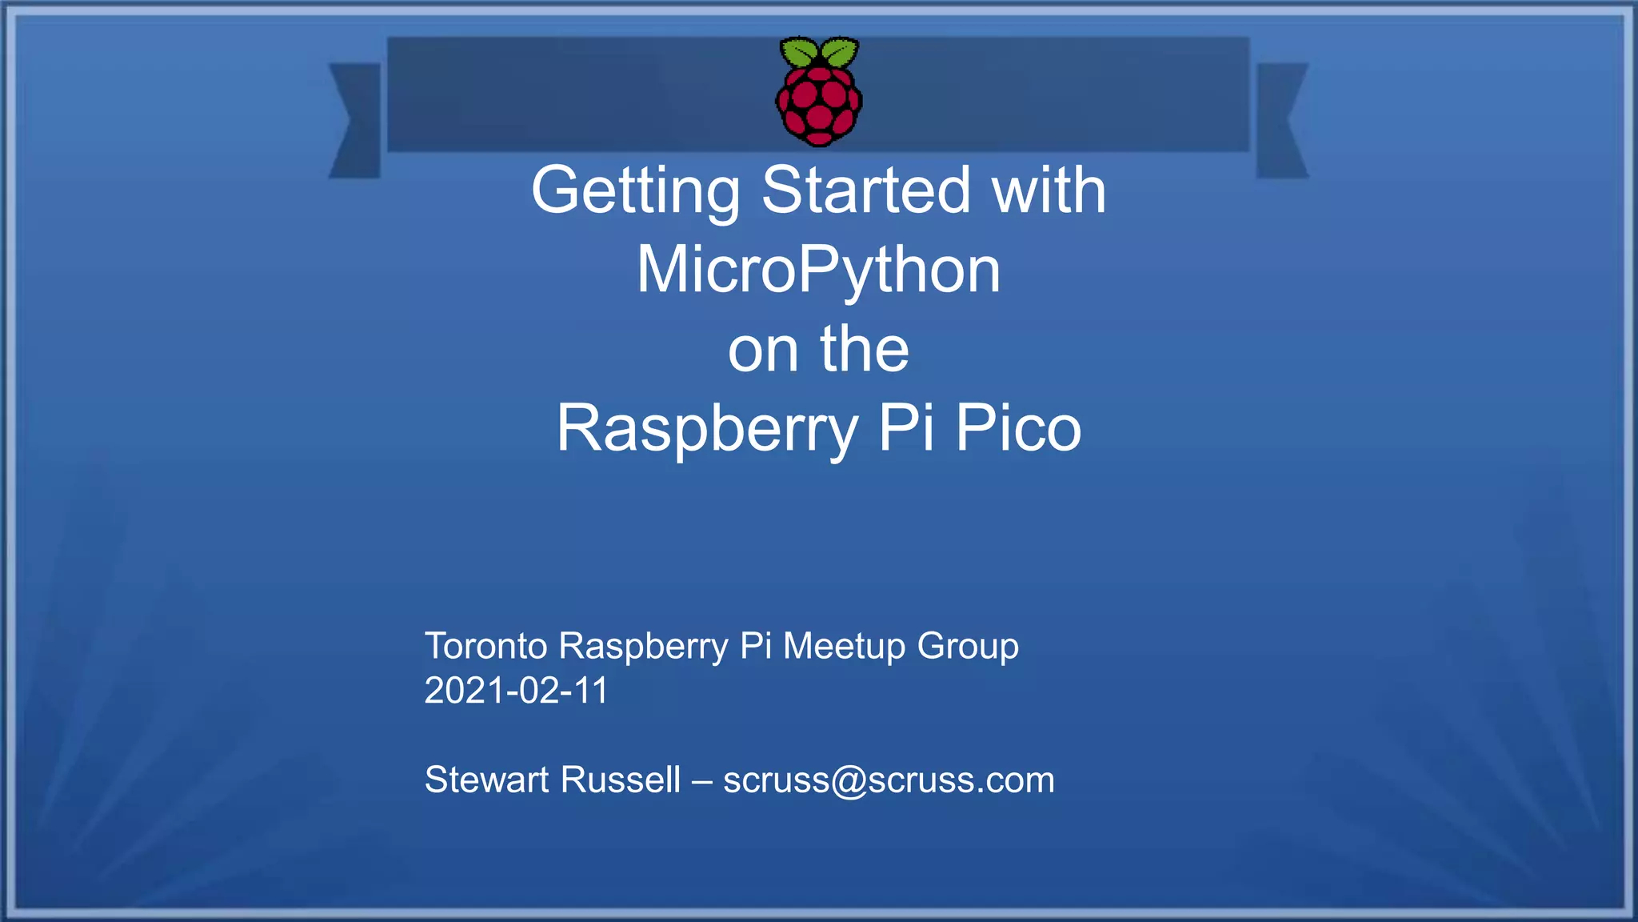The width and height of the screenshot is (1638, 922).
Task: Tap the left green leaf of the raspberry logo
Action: pyautogui.click(x=799, y=52)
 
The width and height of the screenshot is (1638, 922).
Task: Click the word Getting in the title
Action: pyautogui.click(x=636, y=192)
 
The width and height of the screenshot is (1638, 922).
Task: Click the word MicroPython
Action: pyautogui.click(x=818, y=271)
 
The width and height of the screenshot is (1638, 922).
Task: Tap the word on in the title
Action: pyautogui.click(x=763, y=351)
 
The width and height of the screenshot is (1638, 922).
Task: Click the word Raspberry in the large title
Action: pyautogui.click(x=707, y=429)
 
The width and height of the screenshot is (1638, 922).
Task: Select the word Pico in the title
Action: pyautogui.click(x=1018, y=427)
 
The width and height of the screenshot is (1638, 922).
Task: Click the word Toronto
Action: pyautogui.click(x=485, y=646)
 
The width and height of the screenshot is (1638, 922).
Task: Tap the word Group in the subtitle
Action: pyautogui.click(x=968, y=647)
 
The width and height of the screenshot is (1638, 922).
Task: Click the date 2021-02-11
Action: pyautogui.click(x=516, y=691)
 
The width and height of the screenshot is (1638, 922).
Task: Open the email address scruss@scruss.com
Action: pyautogui.click(x=889, y=780)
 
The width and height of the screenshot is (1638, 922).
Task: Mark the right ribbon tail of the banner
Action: pyautogui.click(x=1281, y=120)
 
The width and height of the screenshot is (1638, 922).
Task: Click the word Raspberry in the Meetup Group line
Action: pyautogui.click(x=643, y=647)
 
